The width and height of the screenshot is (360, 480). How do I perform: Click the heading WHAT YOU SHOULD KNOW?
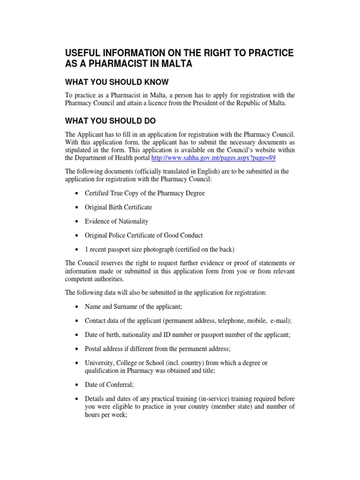point(116,82)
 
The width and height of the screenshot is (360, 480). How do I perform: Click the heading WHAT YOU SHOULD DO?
point(110,120)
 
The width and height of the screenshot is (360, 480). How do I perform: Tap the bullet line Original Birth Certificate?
point(118,207)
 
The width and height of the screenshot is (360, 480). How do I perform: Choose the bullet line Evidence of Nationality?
point(116,221)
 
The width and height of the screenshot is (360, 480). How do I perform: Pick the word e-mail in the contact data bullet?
point(280,321)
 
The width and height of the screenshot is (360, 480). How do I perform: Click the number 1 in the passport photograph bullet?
point(86,249)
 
